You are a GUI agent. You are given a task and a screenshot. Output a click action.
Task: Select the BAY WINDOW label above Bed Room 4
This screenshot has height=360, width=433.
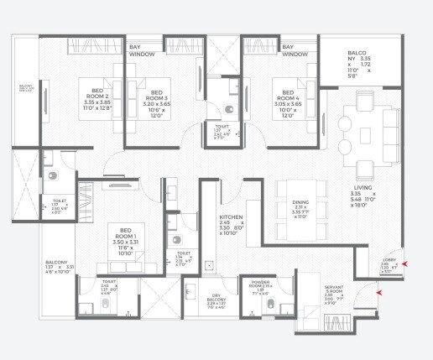tap(294, 51)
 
